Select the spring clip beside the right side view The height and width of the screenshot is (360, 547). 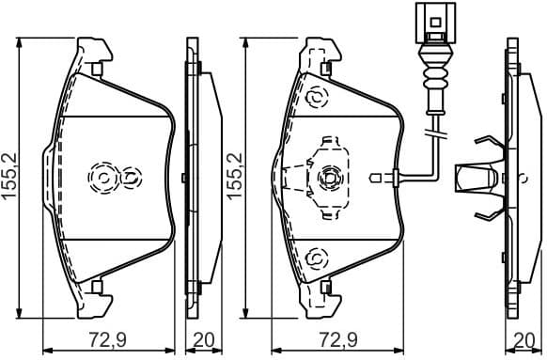click(478, 177)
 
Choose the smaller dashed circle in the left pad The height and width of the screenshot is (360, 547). click(130, 177)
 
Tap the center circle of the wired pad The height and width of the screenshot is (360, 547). click(330, 177)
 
